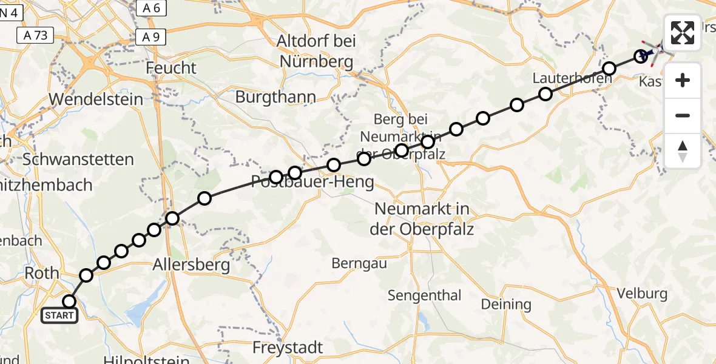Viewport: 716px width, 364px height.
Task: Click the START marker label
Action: click(x=59, y=315)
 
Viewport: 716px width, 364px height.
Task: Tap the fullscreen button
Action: click(x=683, y=33)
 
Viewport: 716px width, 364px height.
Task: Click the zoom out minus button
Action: click(x=683, y=115)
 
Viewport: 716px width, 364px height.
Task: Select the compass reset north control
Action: click(x=683, y=151)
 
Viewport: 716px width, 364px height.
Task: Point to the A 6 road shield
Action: click(x=151, y=8)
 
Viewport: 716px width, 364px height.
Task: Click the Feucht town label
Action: click(x=172, y=68)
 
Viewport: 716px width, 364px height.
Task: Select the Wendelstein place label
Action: click(x=96, y=99)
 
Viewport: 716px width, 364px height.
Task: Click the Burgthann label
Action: click(x=276, y=97)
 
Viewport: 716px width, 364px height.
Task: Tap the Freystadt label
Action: click(x=288, y=348)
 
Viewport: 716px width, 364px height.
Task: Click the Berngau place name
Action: click(x=357, y=263)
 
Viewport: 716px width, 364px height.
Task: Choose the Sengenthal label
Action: click(x=424, y=296)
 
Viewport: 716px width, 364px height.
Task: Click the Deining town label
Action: click(x=506, y=304)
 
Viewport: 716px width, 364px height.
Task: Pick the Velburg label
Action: click(x=642, y=294)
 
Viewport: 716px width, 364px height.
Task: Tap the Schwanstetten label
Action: click(x=78, y=160)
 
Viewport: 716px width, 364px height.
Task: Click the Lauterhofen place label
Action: click(x=566, y=78)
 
